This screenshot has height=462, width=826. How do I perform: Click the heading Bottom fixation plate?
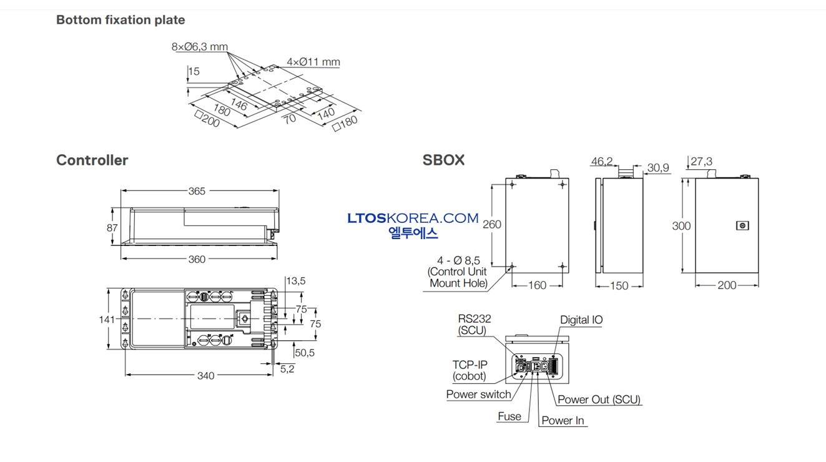120,20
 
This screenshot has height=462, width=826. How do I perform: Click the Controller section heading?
92,160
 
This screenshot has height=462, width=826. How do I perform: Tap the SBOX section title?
444,160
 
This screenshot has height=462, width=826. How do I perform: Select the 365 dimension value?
197,191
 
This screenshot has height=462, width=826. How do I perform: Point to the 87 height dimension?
112,228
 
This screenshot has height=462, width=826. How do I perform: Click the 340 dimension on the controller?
206,376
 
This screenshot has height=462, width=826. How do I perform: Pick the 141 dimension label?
107,319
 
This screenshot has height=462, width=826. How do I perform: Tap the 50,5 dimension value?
305,353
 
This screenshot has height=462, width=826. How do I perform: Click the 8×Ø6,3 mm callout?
200,47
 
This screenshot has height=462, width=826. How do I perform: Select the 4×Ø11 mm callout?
313,62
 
